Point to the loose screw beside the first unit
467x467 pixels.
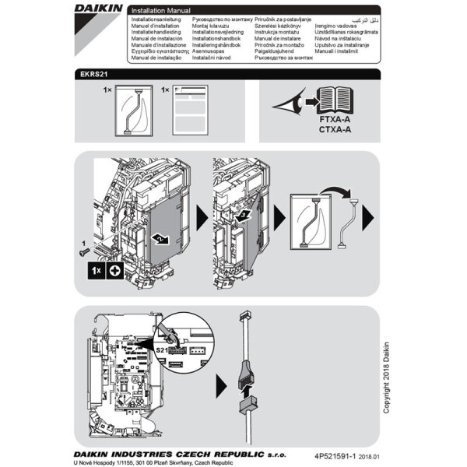tap(83, 249)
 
